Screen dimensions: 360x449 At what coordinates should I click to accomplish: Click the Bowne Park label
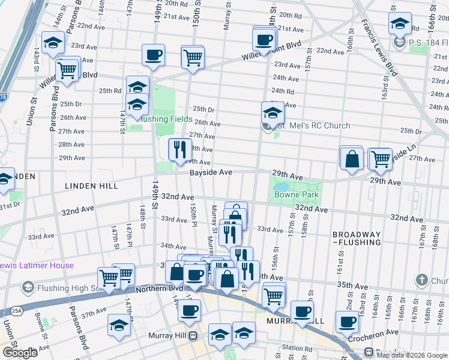[x=295, y=195]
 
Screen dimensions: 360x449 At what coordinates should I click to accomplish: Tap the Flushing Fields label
[x=166, y=119]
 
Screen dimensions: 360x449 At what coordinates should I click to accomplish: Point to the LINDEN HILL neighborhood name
[x=92, y=186]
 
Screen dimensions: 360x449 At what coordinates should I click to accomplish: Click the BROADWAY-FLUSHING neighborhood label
[x=357, y=238]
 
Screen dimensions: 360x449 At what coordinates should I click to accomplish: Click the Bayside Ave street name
[x=211, y=172]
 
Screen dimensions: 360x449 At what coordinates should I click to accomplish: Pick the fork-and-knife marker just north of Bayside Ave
[x=179, y=150]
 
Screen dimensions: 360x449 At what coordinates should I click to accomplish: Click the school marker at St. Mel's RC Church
[x=272, y=112]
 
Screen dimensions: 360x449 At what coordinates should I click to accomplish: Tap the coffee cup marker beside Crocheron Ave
[x=347, y=322]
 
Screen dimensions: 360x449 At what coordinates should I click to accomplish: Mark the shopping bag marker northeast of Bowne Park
[x=352, y=158]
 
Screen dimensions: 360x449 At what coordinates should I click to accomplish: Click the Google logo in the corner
[x=20, y=353]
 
